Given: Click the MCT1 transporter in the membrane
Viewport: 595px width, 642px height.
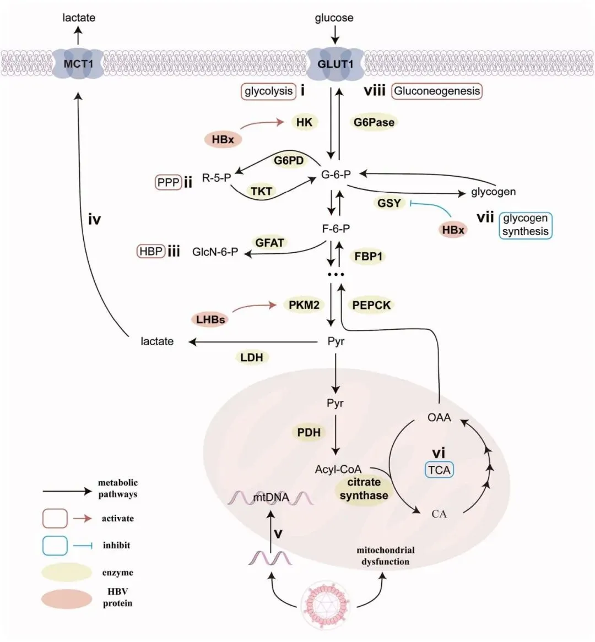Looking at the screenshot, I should [x=78, y=64].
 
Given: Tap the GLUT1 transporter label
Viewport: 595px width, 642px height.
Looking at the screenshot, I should [x=335, y=64].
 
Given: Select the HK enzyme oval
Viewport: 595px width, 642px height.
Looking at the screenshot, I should [x=304, y=122].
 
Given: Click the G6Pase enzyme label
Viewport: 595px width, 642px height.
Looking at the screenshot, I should [x=374, y=122].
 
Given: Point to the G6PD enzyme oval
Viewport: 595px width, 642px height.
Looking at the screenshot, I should [x=289, y=161].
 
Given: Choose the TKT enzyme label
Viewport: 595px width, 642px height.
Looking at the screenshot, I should [x=262, y=191].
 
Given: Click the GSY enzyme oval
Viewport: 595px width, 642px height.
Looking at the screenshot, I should [x=389, y=203].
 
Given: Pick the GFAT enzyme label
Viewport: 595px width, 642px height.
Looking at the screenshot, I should [x=269, y=242].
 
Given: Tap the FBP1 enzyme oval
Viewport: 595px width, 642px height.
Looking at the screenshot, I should [x=369, y=256].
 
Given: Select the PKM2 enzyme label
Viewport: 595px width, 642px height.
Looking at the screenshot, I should [x=304, y=304].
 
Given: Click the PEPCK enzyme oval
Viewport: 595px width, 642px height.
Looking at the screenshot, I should [x=371, y=304].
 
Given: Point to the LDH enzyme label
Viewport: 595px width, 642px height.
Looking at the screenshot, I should [x=252, y=357].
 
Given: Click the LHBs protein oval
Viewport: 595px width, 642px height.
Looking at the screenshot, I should [x=210, y=319].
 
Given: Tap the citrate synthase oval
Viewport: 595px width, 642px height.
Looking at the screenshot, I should [x=364, y=489].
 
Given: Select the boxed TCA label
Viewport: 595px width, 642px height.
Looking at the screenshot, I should [x=439, y=470].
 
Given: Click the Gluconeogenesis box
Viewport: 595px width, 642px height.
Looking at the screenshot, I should [x=437, y=91].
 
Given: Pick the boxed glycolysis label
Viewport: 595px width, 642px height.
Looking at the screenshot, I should [x=268, y=91].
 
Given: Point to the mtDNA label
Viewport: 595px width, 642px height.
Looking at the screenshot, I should [x=270, y=497].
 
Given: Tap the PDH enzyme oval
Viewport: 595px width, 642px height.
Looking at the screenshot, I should [x=309, y=432].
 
